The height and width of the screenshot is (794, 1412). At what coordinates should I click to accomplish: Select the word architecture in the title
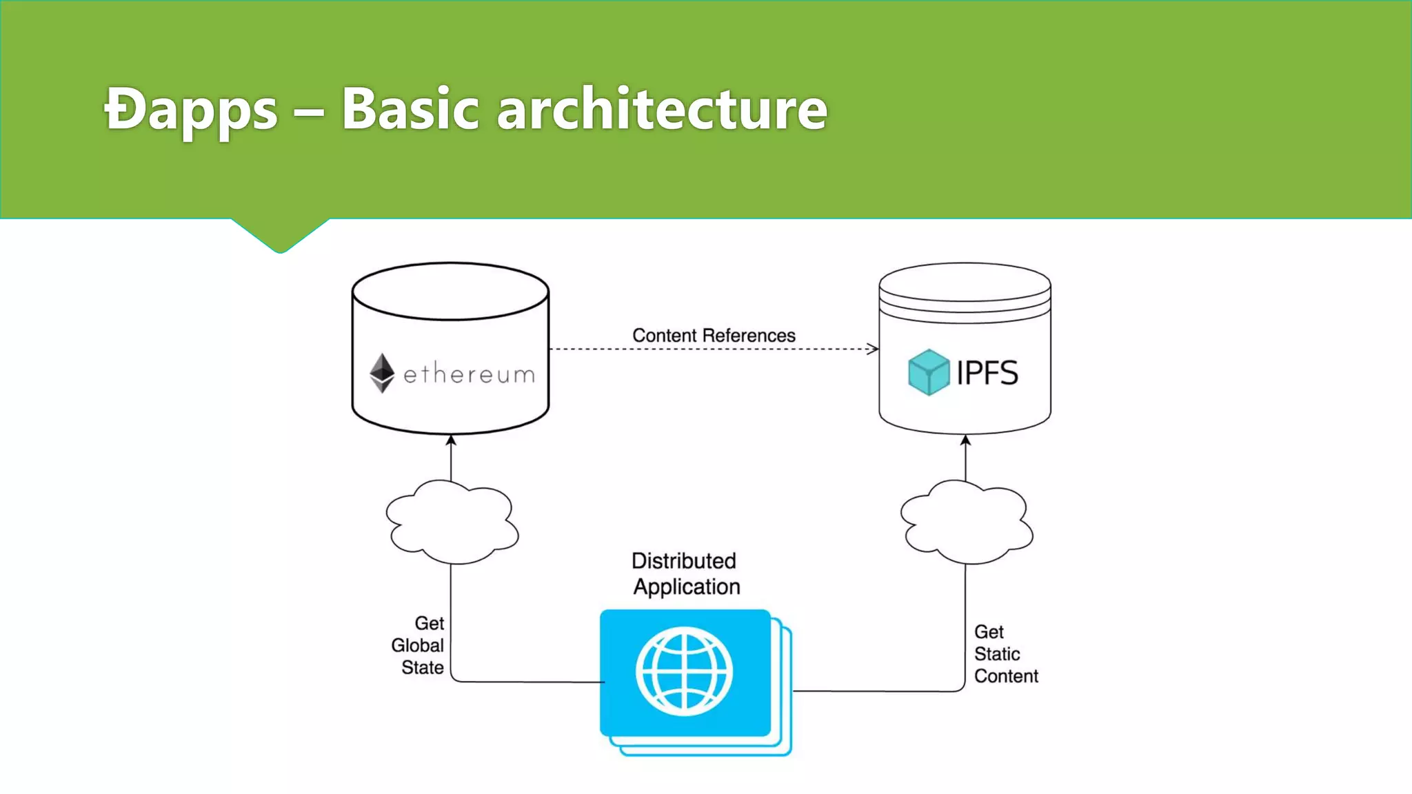(662, 108)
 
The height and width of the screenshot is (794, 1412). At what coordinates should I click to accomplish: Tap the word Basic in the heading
(410, 108)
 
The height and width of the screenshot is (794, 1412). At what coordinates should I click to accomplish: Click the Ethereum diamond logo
(382, 373)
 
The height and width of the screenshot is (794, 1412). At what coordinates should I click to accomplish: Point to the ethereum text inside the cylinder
(469, 374)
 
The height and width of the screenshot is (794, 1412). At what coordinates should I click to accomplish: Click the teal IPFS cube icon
(929, 372)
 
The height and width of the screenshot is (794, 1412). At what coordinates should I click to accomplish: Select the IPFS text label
(987, 373)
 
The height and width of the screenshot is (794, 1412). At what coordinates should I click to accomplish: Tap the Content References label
(714, 335)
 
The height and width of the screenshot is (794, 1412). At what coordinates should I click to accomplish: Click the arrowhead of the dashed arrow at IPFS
(874, 349)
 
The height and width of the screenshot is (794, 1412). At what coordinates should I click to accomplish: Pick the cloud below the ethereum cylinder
(452, 522)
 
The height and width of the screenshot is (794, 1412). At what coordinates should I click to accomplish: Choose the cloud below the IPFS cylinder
(966, 522)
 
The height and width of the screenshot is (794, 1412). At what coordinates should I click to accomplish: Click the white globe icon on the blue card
(684, 671)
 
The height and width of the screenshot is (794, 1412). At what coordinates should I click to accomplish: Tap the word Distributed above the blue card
(683, 560)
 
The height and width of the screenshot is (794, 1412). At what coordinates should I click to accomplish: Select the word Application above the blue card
(687, 587)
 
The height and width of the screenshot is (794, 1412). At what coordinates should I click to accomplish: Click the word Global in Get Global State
(417, 645)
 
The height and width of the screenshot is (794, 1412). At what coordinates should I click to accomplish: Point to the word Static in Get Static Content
(997, 653)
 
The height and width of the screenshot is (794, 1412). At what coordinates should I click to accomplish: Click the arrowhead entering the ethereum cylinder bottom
(451, 440)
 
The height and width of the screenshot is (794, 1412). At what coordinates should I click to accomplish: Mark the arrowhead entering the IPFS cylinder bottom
(965, 440)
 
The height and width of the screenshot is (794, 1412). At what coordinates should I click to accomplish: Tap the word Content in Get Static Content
(1006, 676)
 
